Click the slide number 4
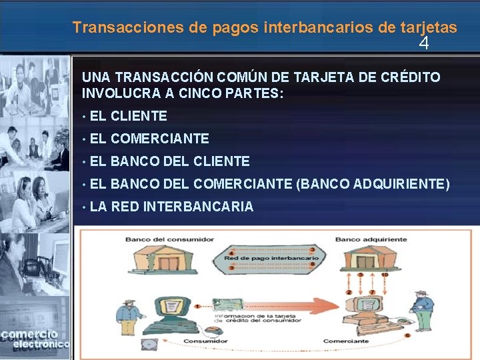point(423,44)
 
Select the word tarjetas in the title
point(429,27)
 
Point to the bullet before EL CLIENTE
point(83,117)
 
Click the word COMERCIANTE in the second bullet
point(160,139)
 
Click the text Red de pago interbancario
point(274,257)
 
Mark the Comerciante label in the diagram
point(346,341)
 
